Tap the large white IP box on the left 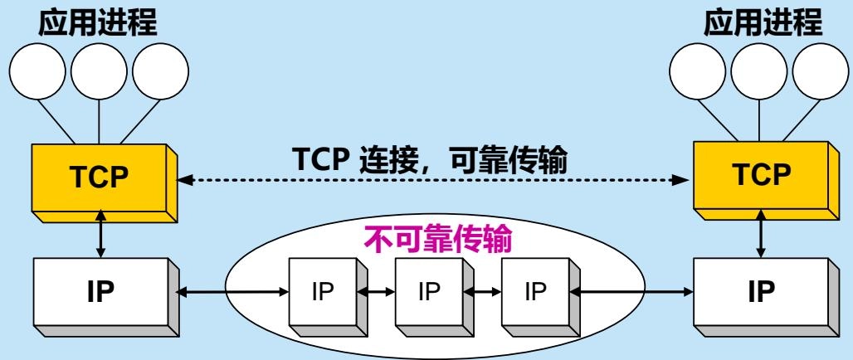coord(101,292)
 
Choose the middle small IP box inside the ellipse coord(427,293)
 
